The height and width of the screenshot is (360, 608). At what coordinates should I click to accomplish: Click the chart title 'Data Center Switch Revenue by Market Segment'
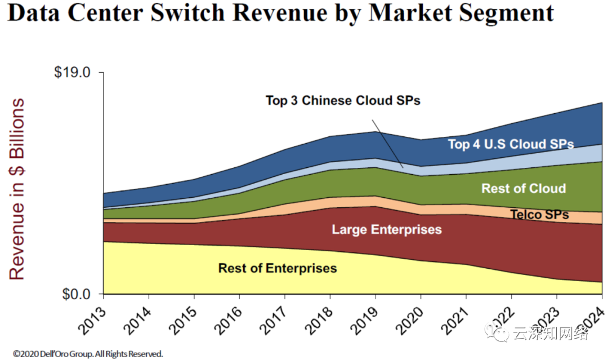click(x=280, y=14)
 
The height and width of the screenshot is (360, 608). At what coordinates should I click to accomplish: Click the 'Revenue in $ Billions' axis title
click(x=17, y=189)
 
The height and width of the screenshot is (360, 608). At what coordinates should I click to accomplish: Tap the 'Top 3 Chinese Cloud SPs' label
click(x=343, y=101)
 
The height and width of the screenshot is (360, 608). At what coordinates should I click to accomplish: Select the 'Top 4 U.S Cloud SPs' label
click(x=511, y=144)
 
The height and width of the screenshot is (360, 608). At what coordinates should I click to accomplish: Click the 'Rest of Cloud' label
click(x=523, y=188)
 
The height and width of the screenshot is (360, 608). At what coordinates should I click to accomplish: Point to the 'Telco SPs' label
click(x=539, y=215)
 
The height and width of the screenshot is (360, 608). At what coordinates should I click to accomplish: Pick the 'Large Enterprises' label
click(x=386, y=230)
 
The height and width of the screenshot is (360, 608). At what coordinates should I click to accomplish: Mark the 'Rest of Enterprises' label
click(x=277, y=268)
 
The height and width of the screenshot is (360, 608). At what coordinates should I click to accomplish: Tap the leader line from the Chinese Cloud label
click(x=387, y=143)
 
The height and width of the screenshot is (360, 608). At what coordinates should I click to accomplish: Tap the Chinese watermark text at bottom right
click(x=550, y=335)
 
